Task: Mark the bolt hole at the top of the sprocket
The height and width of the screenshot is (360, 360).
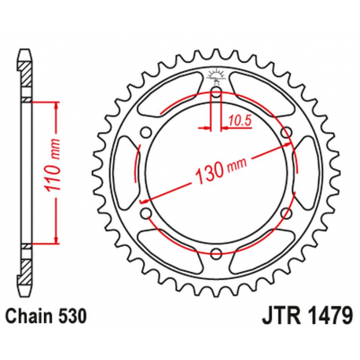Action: (215, 94)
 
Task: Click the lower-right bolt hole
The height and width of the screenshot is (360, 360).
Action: (285, 213)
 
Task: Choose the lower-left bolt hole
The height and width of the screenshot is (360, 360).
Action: (146, 213)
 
